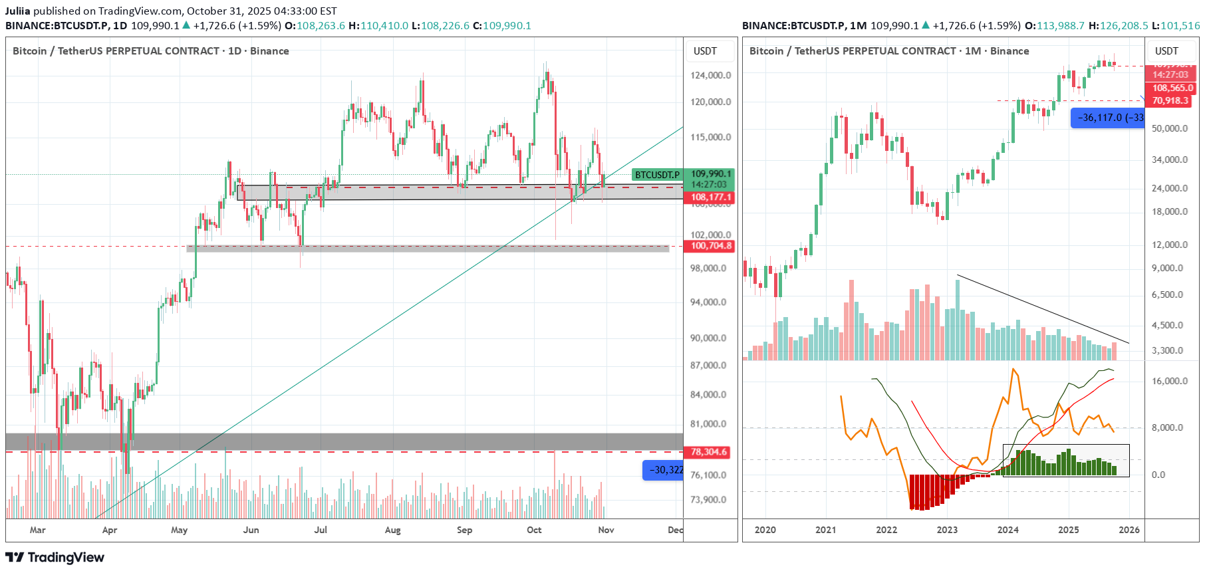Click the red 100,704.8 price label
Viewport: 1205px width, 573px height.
[710, 246]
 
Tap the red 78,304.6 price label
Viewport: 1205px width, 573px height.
[708, 452]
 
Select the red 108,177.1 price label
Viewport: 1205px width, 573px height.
[710, 197]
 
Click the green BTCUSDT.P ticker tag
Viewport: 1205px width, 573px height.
[657, 175]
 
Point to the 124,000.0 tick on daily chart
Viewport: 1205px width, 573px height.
[710, 75]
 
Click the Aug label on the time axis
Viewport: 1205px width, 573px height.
[393, 530]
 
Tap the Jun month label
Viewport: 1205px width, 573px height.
[251, 530]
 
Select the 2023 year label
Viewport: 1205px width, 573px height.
[947, 530]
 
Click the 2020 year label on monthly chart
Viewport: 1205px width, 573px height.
[765, 530]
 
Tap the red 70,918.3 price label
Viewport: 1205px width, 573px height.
[1170, 100]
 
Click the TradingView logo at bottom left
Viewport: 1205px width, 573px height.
[55, 557]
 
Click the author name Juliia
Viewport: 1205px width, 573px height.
[18, 11]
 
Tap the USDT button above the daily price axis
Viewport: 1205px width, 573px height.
[705, 51]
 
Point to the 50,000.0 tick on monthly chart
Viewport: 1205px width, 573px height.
[1169, 128]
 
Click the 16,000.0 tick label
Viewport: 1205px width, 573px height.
[1169, 381]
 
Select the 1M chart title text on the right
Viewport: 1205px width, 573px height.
[888, 51]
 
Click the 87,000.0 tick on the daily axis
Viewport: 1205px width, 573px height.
[708, 365]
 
